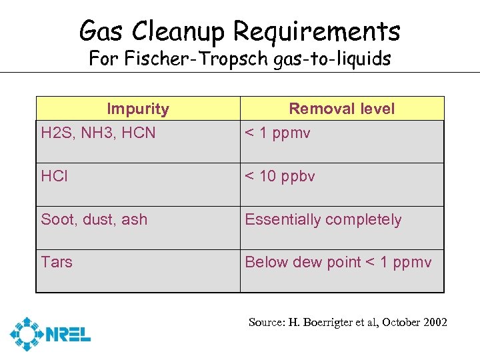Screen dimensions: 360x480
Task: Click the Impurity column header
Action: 138,109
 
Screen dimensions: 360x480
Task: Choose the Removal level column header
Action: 341,109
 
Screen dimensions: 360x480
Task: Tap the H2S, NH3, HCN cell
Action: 98,133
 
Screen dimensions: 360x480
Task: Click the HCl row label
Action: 55,177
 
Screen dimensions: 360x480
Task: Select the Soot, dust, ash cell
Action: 94,219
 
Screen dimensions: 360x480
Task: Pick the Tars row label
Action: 57,262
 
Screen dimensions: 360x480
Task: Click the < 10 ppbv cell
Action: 280,177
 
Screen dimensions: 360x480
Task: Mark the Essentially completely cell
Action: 323,219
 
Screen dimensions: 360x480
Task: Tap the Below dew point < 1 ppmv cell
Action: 338,262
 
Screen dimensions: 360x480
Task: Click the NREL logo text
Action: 69,333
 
